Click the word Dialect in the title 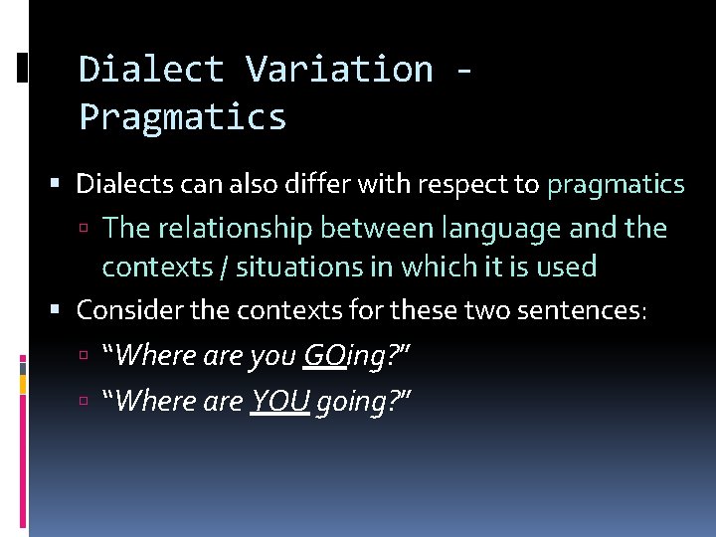151,70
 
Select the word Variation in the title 339,70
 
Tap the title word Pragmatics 183,117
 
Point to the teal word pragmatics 616,184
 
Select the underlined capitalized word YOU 279,401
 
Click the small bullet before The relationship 89,230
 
